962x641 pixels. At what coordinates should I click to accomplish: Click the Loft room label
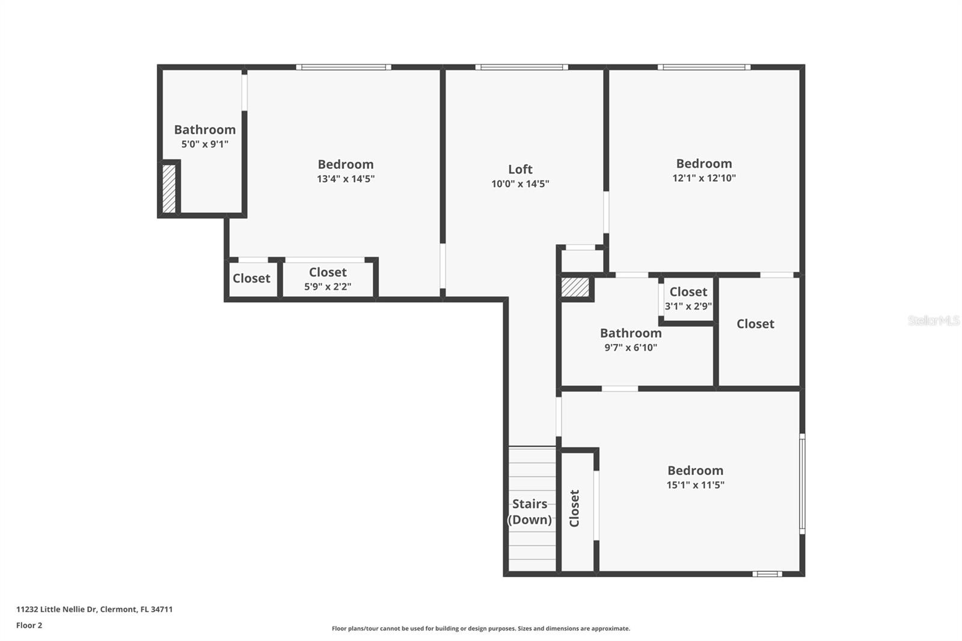click(520, 170)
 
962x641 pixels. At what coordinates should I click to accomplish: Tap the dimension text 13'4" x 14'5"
click(346, 179)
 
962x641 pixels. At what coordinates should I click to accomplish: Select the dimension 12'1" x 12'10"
click(703, 178)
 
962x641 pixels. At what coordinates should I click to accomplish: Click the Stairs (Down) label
click(530, 512)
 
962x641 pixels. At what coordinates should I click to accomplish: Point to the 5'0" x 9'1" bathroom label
click(204, 144)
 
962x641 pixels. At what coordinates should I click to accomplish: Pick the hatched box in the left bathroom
click(169, 188)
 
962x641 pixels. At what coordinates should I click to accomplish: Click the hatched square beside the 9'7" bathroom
click(575, 287)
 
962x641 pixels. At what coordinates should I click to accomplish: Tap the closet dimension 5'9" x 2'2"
click(328, 287)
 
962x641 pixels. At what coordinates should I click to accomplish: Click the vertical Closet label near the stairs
click(574, 508)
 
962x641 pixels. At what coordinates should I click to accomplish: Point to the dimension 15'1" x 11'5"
click(695, 485)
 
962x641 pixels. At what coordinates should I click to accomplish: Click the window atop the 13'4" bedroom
click(343, 67)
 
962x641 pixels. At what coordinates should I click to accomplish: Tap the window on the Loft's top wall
click(521, 67)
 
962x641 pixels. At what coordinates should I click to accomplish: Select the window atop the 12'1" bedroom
click(703, 67)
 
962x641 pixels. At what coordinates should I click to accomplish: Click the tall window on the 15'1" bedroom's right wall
click(802, 483)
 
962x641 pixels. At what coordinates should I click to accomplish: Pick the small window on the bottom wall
click(767, 574)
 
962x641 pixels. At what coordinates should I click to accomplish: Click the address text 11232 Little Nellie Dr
click(94, 609)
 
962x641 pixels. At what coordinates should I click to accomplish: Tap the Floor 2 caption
click(29, 625)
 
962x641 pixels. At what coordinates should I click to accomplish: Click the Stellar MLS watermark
click(933, 320)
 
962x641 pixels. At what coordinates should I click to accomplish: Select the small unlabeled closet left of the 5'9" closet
click(251, 278)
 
